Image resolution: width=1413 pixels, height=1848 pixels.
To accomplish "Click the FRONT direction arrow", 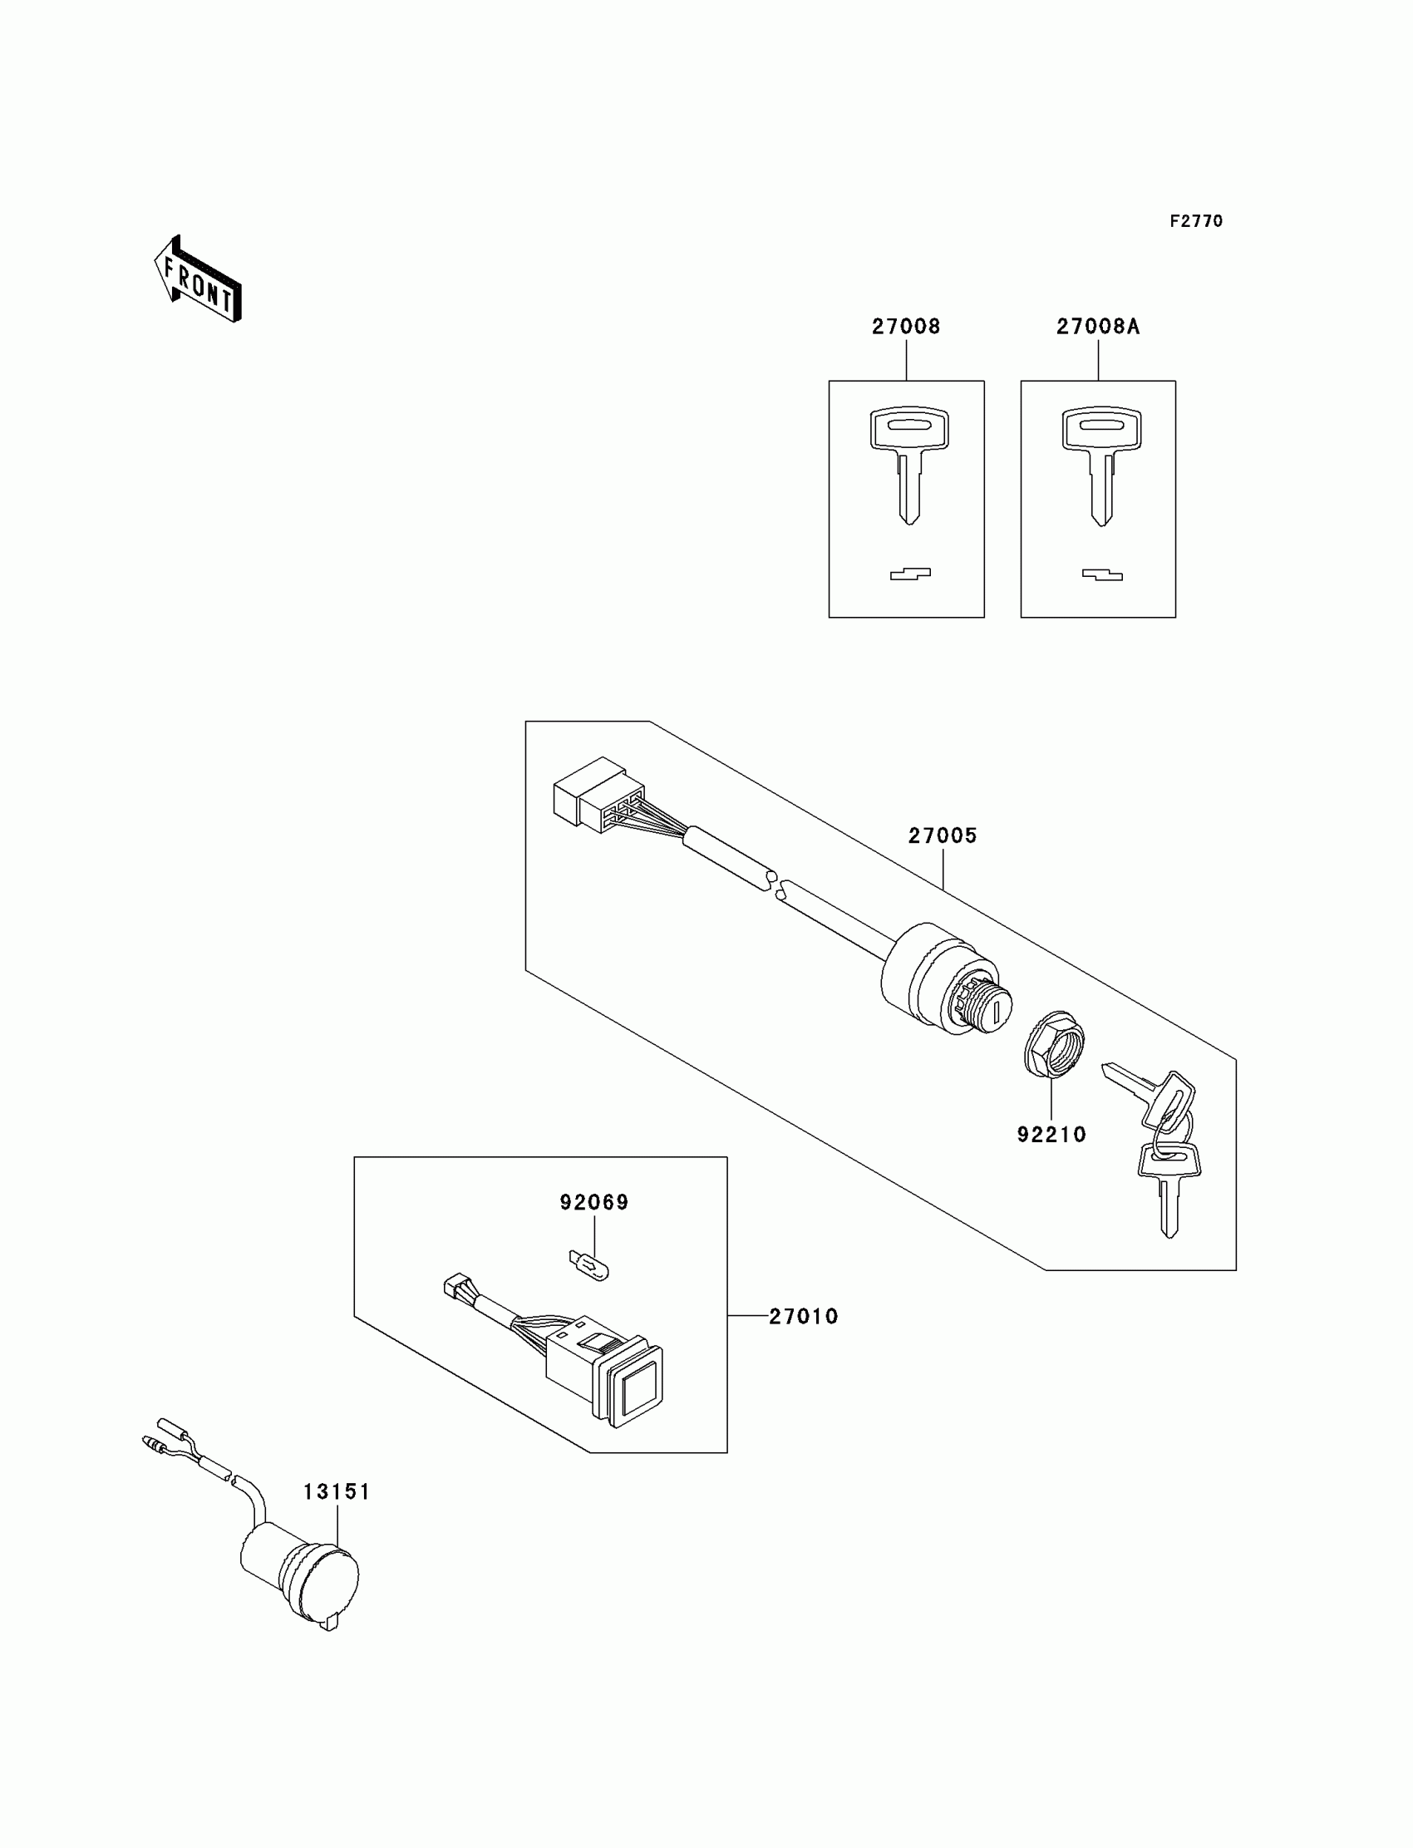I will pos(199,280).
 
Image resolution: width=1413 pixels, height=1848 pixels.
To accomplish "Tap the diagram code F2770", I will pos(1196,221).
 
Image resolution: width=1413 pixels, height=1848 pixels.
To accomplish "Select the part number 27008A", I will pos(1098,328).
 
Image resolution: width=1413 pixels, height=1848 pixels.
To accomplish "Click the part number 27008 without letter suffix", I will pos(906,328).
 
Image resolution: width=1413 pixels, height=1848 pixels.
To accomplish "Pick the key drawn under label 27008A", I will pos(1101,463).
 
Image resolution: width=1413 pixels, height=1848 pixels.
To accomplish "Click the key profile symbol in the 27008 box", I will pos(910,574).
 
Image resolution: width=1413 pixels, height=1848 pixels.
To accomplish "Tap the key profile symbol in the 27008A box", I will pos(1102,575).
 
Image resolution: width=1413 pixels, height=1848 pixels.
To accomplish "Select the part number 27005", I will pos(942,835).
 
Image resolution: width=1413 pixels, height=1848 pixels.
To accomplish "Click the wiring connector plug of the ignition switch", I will pos(598,793).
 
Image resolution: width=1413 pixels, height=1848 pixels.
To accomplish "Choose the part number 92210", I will pos(1051,1135).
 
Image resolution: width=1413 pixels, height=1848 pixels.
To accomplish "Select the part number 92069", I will pos(594,1203).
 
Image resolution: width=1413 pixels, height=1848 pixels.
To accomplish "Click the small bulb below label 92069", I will pos(588,1264).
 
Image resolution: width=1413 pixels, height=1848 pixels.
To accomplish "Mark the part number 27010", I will pos(803,1317).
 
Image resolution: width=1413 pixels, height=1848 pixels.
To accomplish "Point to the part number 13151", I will pos(337,1491).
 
